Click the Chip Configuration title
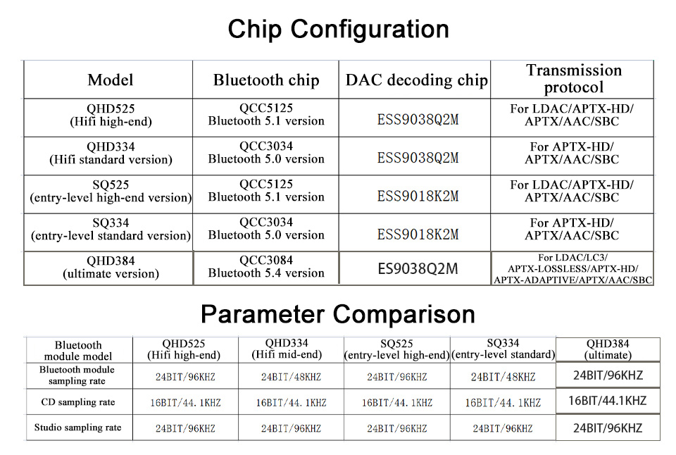[339, 30]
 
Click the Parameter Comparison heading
[338, 314]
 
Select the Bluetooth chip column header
[266, 80]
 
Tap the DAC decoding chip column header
[416, 80]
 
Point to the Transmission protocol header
[574, 78]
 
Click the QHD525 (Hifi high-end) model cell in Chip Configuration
[111, 115]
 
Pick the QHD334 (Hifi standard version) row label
[111, 153]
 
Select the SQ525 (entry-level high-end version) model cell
[111, 191]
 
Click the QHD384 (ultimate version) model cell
[111, 268]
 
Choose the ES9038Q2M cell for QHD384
[418, 268]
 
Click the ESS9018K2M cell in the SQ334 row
[418, 235]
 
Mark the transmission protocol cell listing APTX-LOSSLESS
[572, 268]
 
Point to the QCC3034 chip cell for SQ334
[266, 229]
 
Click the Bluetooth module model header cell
[78, 351]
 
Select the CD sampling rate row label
[78, 402]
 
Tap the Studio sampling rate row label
[77, 428]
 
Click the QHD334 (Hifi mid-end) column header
[287, 349]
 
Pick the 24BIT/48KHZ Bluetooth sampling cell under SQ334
[503, 378]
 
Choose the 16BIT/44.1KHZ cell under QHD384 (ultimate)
[608, 401]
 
